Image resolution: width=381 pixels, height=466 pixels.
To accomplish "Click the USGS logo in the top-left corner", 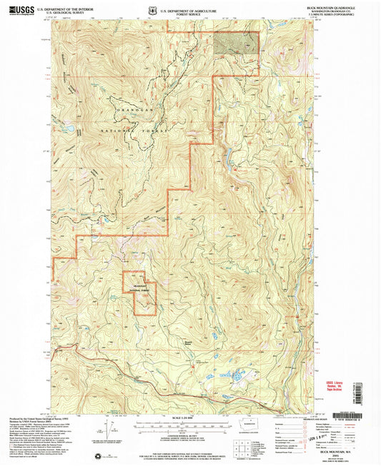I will [19, 9].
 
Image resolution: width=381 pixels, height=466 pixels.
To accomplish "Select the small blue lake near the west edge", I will [69, 128].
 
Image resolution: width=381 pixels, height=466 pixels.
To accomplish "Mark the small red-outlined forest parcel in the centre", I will [139, 293].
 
